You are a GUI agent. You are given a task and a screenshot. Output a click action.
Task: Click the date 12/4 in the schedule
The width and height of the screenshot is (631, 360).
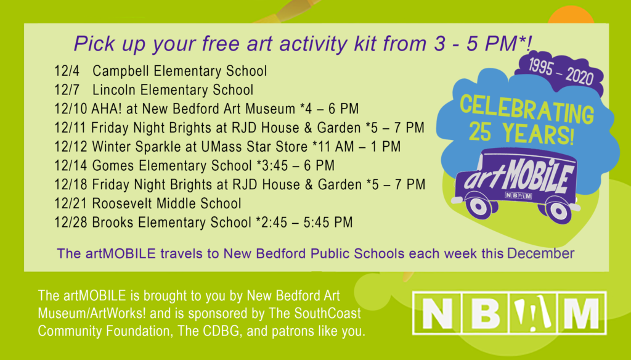(67, 71)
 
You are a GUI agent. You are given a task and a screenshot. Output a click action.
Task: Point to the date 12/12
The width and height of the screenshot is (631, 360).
(71, 147)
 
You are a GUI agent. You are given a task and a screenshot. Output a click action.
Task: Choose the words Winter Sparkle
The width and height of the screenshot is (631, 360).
(137, 147)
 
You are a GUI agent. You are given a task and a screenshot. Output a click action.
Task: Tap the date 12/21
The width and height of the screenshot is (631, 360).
(71, 203)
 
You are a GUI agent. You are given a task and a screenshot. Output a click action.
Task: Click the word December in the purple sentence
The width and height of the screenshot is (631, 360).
(540, 254)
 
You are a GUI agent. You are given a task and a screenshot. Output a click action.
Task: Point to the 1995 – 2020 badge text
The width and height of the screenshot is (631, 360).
(561, 72)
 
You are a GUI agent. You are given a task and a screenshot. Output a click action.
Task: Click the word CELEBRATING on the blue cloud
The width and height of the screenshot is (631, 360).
(527, 110)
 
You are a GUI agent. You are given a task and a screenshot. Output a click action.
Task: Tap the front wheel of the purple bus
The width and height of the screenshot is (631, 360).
(478, 207)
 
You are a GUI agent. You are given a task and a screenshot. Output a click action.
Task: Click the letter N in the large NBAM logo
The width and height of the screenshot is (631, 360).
(437, 313)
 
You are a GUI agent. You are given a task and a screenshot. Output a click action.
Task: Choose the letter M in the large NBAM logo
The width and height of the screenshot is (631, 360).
(581, 313)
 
